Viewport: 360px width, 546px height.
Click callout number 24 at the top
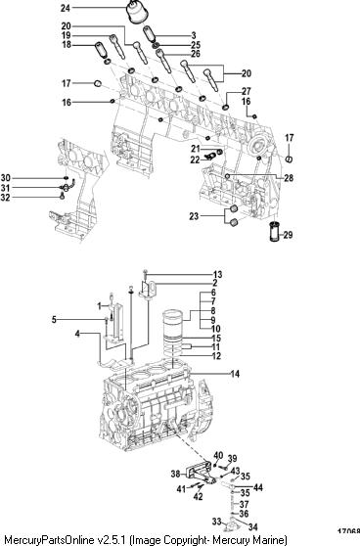(x=66, y=8)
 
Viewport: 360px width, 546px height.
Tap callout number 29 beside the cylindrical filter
(x=288, y=235)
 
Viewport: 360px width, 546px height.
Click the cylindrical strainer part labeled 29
(x=275, y=231)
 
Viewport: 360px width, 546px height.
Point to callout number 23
(x=194, y=216)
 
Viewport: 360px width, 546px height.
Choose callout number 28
(x=289, y=178)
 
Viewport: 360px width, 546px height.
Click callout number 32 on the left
(x=5, y=198)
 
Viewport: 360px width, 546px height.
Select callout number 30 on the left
(x=5, y=178)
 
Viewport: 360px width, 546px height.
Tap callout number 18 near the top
(x=67, y=45)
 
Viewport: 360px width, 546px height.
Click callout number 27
(x=247, y=91)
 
